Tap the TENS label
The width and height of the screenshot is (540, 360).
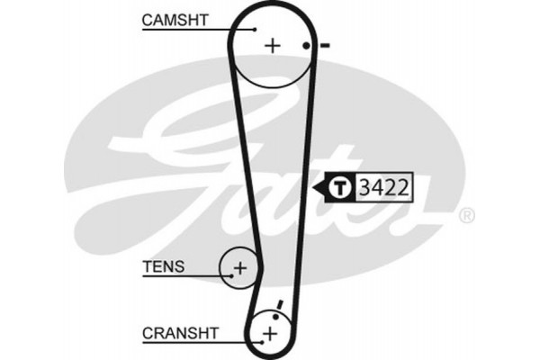click(163, 265)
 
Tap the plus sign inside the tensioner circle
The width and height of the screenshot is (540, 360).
click(240, 267)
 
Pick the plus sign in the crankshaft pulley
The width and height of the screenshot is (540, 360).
click(269, 335)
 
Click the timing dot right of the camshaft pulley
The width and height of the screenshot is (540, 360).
click(307, 46)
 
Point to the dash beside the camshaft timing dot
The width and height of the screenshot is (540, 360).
click(324, 45)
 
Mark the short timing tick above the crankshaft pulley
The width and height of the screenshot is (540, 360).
click(281, 307)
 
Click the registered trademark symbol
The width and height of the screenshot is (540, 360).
click(466, 217)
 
